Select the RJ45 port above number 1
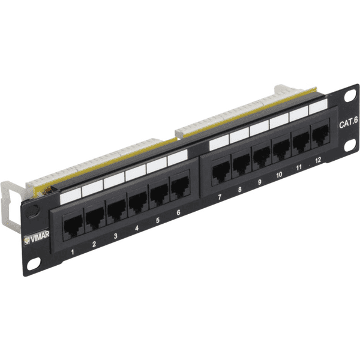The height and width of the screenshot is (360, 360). [x=73, y=227]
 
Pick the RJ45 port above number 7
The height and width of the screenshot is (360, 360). [x=221, y=171]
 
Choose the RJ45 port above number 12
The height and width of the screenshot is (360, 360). [x=320, y=134]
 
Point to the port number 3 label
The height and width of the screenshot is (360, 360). [x=115, y=236]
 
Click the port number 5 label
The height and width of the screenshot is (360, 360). [x=158, y=220]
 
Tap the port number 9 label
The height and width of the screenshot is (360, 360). [x=260, y=182]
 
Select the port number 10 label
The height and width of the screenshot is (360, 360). [x=279, y=175]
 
